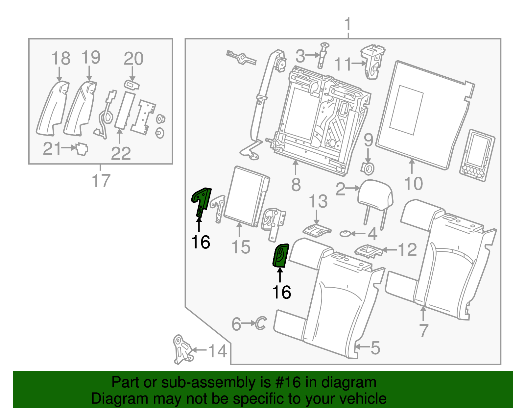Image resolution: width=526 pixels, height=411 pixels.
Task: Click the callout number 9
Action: tap(369, 140)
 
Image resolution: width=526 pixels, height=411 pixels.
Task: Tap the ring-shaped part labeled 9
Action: tap(368, 168)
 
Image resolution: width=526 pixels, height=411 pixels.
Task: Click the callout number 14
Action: tap(218, 351)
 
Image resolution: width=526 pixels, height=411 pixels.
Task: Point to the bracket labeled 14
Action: tap(182, 349)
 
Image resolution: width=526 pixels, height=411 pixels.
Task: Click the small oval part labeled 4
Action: tap(345, 234)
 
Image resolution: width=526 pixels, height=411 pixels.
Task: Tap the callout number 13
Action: tap(318, 201)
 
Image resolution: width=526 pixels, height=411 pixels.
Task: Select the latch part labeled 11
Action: tap(372, 62)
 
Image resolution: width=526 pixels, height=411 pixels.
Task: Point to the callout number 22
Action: tap(121, 153)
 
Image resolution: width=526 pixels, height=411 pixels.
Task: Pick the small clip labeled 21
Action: tap(82, 149)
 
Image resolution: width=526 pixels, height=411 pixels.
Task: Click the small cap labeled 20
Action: tap(132, 85)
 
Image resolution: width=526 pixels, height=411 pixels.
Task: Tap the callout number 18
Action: tap(61, 58)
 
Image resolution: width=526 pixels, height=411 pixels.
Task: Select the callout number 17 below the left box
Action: tap(101, 180)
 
